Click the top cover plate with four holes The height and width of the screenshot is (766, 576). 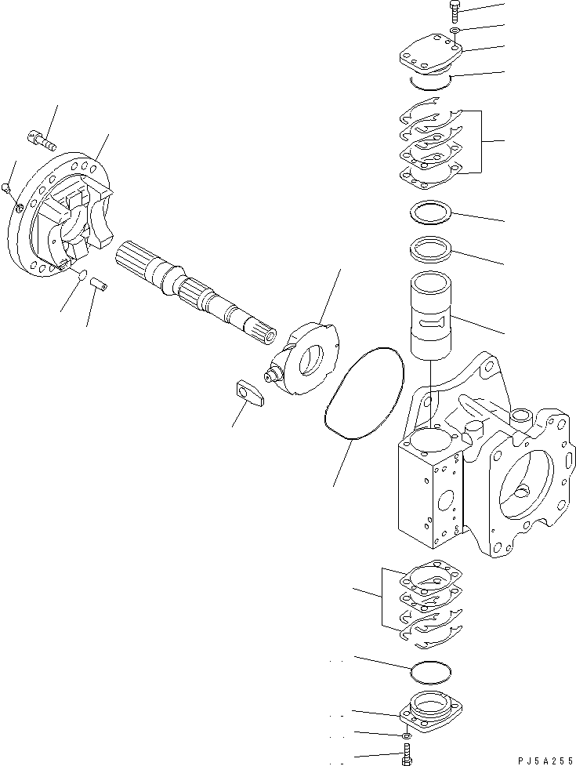click(428, 60)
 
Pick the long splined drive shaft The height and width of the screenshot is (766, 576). click(196, 290)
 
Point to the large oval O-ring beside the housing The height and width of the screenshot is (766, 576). click(364, 393)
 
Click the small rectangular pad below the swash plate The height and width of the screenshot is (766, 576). click(250, 394)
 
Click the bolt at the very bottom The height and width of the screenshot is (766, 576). click(407, 757)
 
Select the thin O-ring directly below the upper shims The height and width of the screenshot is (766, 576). click(430, 214)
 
